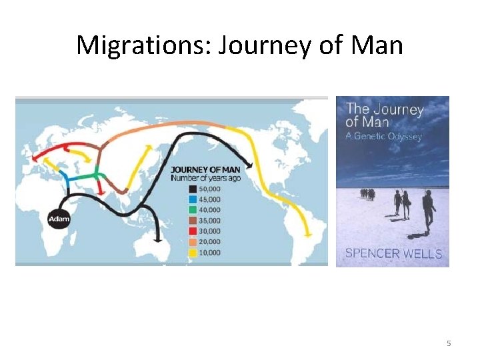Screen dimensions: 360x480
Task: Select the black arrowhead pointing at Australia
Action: [x=158, y=237]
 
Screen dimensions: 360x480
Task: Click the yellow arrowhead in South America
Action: [x=307, y=234]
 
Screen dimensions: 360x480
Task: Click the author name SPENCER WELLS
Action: [x=393, y=253]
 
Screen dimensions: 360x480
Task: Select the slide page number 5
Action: [x=449, y=343]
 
